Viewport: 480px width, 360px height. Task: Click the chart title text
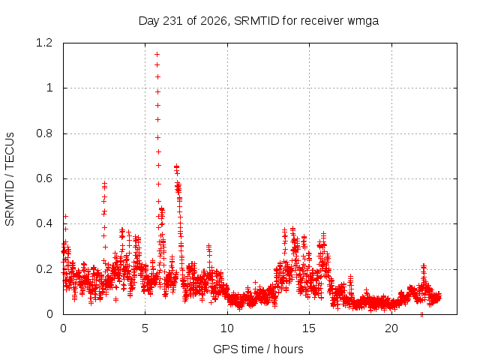(x=259, y=21)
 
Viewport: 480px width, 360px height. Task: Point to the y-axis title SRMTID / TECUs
(x=10, y=179)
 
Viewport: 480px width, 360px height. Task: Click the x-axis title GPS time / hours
(x=258, y=349)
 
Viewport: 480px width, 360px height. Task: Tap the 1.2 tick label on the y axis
(x=44, y=43)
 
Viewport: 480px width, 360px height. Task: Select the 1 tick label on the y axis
(x=49, y=88)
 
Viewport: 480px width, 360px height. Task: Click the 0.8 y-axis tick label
(x=44, y=133)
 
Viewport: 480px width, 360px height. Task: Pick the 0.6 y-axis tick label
(x=44, y=178)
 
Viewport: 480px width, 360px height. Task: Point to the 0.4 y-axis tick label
(x=44, y=223)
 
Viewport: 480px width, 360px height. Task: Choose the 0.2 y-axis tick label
(x=44, y=269)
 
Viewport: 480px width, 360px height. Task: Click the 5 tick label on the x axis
(x=145, y=328)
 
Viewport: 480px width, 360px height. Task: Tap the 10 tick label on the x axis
(x=227, y=328)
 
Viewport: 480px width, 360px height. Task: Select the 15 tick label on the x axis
(x=309, y=328)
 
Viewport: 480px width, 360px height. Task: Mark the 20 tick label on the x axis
(x=391, y=328)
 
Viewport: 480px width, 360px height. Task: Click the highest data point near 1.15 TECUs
(x=157, y=55)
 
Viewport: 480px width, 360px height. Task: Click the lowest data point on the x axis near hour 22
(x=421, y=314)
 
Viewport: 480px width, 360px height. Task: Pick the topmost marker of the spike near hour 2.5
(x=105, y=183)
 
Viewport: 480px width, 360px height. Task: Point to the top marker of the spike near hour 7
(x=176, y=166)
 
